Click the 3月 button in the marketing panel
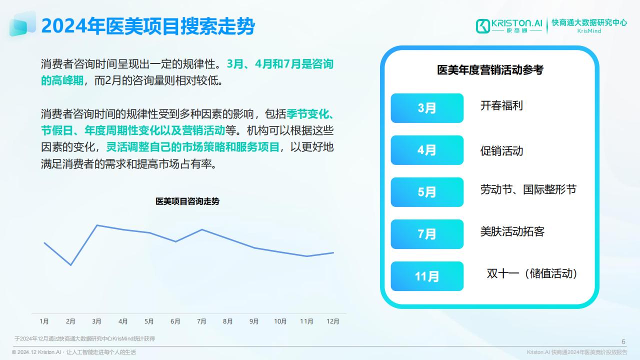tap(427, 108)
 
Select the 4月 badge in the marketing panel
tap(427, 150)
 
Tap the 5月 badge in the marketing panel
tap(427, 192)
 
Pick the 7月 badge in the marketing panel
tap(427, 234)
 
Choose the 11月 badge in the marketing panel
tap(427, 276)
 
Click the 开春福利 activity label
tap(501, 105)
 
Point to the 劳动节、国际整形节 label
tap(528, 189)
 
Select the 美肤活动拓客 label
tap(512, 231)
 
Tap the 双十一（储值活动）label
tap(531, 273)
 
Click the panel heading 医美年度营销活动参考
tap(490, 70)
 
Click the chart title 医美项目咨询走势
tap(187, 201)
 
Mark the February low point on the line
tap(71, 265)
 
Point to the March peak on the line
tap(97, 225)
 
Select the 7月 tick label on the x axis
tap(201, 321)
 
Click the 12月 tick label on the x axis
tap(333, 321)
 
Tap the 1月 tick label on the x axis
tap(44, 321)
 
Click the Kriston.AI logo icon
tap(483, 26)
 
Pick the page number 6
tap(623, 341)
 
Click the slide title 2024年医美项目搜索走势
tap(148, 26)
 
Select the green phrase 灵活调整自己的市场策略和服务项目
tap(193, 147)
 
